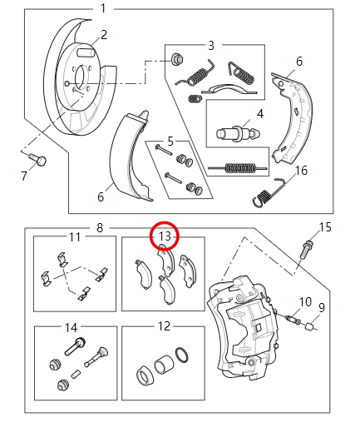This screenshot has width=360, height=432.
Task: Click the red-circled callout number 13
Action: point(165,236)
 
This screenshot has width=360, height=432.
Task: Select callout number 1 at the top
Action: point(103,8)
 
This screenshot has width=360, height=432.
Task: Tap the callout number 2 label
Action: point(104,34)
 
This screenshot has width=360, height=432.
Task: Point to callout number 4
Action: point(259,113)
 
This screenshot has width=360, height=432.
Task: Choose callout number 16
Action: point(302,171)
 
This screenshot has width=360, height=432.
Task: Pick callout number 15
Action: point(325,226)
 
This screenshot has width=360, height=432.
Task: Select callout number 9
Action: point(323,307)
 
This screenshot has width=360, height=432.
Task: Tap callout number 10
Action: point(304,301)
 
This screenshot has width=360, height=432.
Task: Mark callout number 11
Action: point(76,236)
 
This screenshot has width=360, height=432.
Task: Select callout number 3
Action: point(211,44)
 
